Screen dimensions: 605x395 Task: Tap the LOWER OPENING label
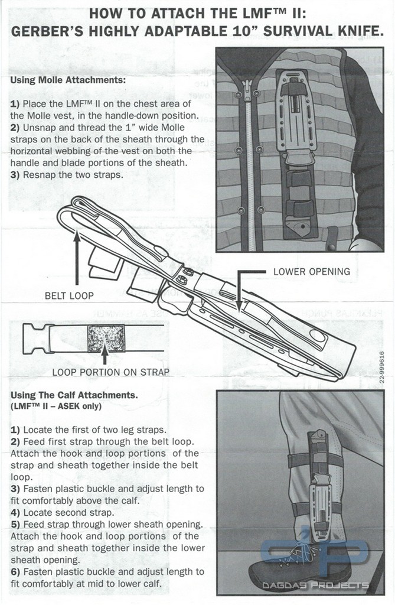pos(311,272)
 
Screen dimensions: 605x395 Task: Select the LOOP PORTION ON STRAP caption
pos(110,372)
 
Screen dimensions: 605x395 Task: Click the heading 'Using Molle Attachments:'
pos(68,79)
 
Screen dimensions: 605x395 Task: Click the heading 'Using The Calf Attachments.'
pos(74,395)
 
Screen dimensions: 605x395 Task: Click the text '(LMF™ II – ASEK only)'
pos(56,406)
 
